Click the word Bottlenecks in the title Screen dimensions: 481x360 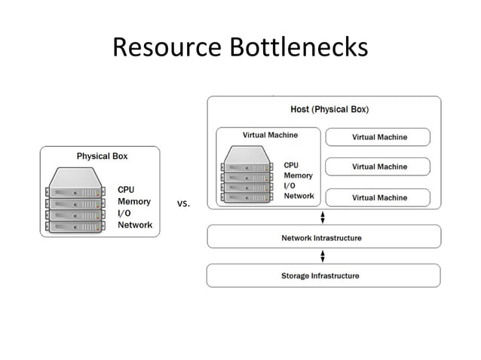[299, 47]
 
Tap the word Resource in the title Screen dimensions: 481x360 [167, 47]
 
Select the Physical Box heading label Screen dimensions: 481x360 [102, 156]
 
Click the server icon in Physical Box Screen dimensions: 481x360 [75, 200]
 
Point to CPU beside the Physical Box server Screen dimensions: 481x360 [126, 190]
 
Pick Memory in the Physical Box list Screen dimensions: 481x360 [134, 202]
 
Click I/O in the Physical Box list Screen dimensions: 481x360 [124, 213]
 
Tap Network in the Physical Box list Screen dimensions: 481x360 [135, 225]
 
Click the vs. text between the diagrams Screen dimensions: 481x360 [183, 203]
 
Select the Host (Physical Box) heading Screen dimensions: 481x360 [329, 109]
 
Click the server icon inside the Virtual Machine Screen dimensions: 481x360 [247, 174]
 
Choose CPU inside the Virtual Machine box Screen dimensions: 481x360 [291, 165]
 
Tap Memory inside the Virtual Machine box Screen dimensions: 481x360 [298, 175]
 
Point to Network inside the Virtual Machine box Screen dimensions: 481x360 [299, 196]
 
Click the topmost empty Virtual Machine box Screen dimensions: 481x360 [378, 137]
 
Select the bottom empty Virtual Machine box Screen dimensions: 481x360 [378, 197]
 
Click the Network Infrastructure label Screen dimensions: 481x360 [321, 238]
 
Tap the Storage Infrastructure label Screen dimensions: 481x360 [320, 276]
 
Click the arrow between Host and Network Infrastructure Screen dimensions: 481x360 [323, 217]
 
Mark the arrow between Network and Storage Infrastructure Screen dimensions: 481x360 [323, 256]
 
